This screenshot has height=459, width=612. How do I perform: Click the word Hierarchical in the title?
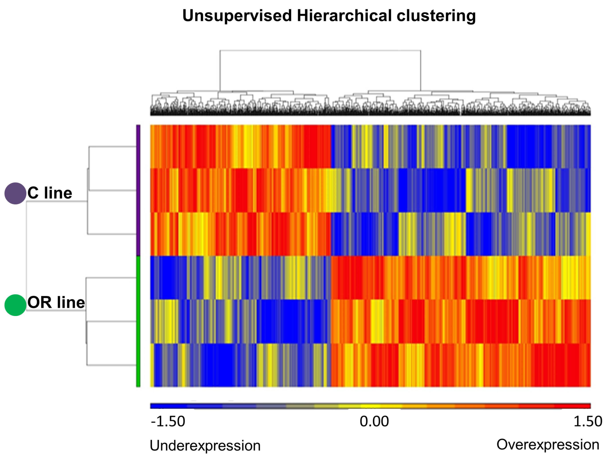[x=344, y=16]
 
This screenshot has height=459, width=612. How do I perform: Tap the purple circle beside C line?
[x=15, y=193]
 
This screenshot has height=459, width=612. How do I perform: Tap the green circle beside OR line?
[x=15, y=305]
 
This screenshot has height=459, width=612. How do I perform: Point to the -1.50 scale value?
[x=168, y=421]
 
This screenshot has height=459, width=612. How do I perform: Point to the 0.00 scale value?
[x=374, y=421]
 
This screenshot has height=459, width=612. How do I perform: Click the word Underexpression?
[x=205, y=446]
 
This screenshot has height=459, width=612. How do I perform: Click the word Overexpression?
[x=548, y=445]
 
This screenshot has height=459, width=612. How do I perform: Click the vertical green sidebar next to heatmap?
[x=138, y=321]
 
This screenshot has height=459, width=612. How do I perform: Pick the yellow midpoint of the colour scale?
[x=371, y=406]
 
